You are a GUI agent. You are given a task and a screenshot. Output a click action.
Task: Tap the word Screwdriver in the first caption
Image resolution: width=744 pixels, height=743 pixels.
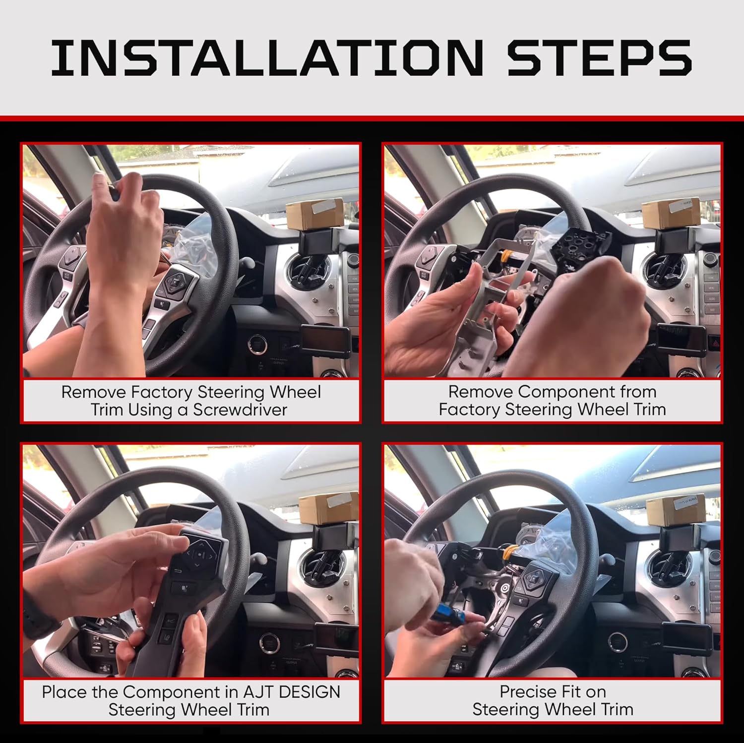pyautogui.click(x=240, y=410)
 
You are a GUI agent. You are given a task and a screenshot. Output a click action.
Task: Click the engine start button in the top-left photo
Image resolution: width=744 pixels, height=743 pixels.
pyautogui.click(x=257, y=344)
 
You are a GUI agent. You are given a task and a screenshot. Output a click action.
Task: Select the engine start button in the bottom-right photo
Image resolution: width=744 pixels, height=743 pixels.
pyautogui.click(x=618, y=641)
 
